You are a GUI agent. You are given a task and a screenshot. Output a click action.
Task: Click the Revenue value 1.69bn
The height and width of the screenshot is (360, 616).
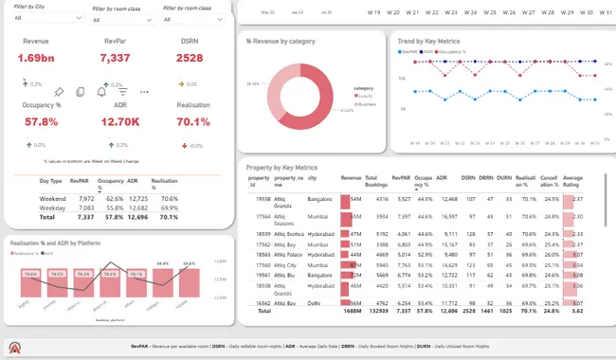point(35,58)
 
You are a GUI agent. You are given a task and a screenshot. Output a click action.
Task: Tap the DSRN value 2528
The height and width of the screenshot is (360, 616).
point(190,58)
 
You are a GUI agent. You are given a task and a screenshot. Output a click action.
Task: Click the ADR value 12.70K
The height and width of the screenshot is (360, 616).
point(114,121)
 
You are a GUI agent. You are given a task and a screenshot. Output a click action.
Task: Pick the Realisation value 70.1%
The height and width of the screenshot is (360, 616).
point(193,121)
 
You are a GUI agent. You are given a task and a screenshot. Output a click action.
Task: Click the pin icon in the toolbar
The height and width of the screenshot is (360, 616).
point(58,92)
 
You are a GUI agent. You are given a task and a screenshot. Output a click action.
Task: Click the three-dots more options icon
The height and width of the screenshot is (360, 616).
point(144,92)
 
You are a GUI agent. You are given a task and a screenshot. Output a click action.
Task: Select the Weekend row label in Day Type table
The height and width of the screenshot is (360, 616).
point(52,199)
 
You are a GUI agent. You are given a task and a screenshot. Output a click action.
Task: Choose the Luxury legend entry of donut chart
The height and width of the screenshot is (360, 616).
point(364,96)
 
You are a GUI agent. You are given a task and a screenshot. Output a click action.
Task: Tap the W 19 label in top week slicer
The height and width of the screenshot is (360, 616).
point(373,13)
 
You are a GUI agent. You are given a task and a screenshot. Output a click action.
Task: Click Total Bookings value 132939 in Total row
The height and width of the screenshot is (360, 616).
point(376,310)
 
